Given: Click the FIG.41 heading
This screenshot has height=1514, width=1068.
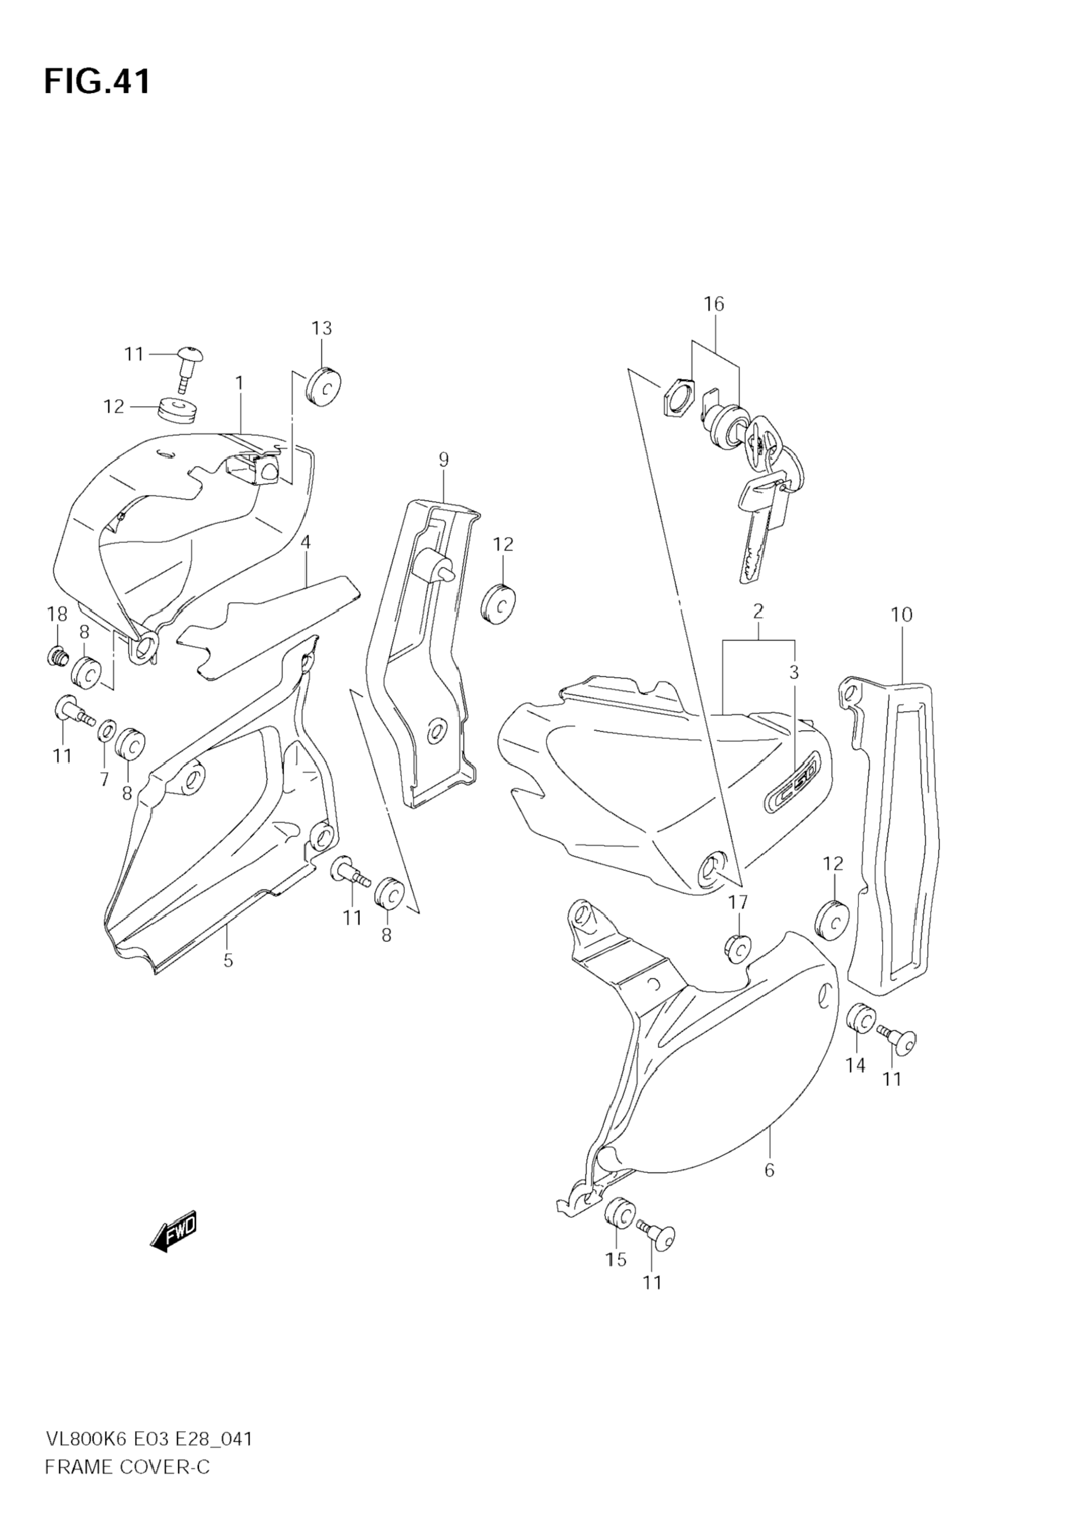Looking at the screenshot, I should click(97, 82).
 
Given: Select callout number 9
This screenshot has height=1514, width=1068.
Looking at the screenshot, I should click(443, 459).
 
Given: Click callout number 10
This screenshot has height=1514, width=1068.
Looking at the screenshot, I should click(901, 615).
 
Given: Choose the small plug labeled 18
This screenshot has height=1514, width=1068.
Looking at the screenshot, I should click(57, 656).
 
